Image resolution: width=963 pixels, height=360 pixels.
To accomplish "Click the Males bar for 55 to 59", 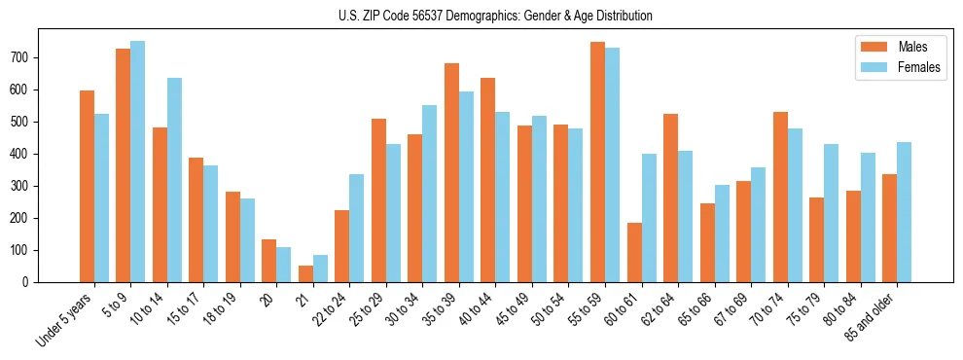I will coord(597,162).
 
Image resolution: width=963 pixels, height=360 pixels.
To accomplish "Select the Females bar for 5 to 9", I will coord(138,162).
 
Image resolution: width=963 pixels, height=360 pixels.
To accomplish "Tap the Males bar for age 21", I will coord(305,273).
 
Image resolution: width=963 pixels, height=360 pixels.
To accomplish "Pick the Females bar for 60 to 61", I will coord(649,218).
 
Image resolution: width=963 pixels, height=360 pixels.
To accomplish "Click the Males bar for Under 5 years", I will coord(87,186).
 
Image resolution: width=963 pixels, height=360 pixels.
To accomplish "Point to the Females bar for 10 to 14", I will coord(174,180).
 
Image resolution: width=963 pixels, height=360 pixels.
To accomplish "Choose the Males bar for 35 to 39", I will coord(451,172).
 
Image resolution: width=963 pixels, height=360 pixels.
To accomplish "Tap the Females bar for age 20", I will coord(284,265).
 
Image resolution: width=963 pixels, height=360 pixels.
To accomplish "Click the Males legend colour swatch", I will coord(874,47).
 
